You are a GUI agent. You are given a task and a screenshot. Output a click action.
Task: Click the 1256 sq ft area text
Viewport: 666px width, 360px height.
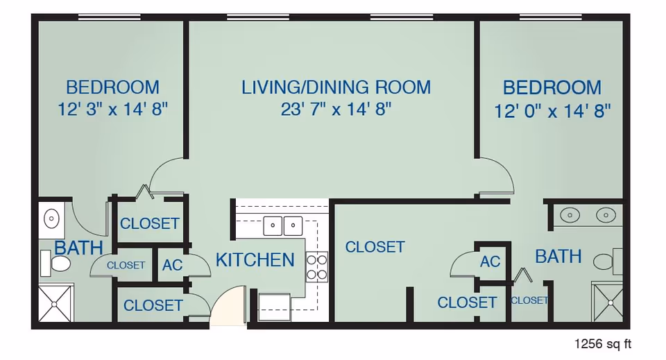[x=602, y=343]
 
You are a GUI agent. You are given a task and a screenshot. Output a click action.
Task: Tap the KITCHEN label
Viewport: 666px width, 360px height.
[x=255, y=260]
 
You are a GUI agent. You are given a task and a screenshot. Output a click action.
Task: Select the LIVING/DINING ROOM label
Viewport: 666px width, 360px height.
[x=336, y=87]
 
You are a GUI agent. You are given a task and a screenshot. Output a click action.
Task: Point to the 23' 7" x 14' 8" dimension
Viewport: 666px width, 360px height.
[x=336, y=110]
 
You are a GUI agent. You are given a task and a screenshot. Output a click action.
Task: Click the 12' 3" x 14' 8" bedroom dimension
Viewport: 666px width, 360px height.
[x=113, y=110]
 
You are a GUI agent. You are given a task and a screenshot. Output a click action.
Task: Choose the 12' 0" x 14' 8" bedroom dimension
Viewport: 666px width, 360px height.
[x=552, y=111]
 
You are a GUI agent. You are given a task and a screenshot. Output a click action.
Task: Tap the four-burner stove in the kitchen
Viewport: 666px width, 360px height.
[x=316, y=267]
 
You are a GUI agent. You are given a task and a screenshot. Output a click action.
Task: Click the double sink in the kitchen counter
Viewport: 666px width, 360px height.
[x=282, y=225]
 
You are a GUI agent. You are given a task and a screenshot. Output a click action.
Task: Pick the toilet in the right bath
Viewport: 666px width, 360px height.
[x=606, y=262]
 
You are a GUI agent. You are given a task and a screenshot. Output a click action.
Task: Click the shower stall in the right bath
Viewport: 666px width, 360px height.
[x=608, y=302]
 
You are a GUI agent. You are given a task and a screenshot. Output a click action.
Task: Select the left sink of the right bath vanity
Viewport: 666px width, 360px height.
[x=571, y=216]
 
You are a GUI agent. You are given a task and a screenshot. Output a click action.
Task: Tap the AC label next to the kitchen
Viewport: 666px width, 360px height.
[x=172, y=265]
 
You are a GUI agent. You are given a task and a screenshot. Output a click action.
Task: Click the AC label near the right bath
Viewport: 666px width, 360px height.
[x=490, y=262]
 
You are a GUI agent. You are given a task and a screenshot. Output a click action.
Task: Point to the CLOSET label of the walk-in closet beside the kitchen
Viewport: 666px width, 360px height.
[x=375, y=247]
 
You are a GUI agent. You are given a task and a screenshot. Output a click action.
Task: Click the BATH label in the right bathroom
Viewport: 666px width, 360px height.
[x=558, y=257]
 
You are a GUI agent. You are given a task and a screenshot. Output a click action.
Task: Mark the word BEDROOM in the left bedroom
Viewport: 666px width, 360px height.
[x=112, y=87]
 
